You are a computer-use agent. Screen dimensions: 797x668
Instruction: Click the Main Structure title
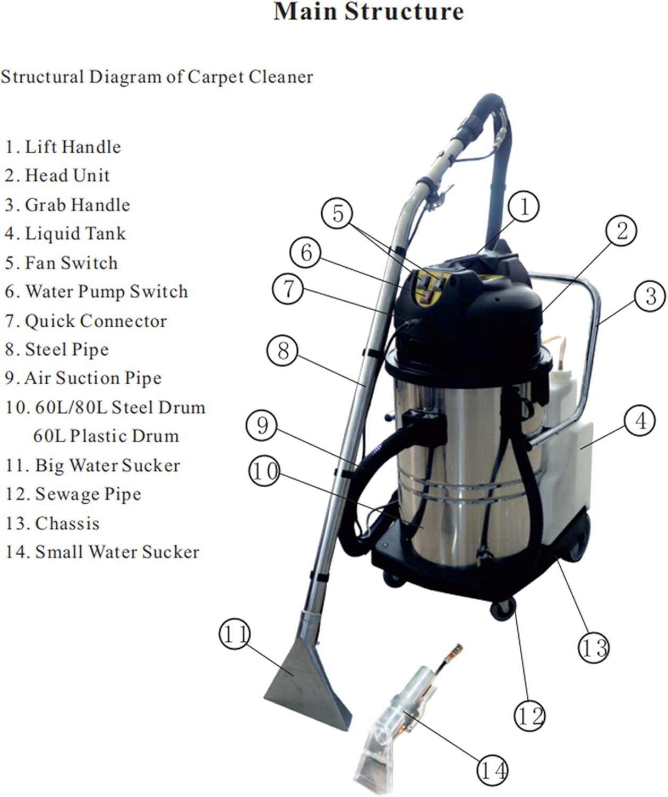pos(369,12)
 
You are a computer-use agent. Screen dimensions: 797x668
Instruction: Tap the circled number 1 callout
pos(523,207)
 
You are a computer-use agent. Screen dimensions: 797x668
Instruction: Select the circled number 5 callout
pos(338,214)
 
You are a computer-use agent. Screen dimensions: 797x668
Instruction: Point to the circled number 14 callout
pos(492,769)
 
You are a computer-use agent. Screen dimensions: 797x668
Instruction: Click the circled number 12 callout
pos(529,716)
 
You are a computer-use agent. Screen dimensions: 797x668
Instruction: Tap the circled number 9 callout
pos(262,426)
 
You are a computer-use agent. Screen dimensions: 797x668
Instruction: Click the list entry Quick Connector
pos(96,321)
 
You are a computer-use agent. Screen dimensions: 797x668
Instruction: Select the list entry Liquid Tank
pos(75,233)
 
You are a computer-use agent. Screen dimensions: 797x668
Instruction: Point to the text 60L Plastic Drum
pos(106,436)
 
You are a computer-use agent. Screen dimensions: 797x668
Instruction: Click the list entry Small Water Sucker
pos(117,552)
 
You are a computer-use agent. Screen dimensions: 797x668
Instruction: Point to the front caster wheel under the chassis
pos(502,609)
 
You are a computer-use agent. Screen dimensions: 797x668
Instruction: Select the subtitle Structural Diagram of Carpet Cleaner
pos(157,77)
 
